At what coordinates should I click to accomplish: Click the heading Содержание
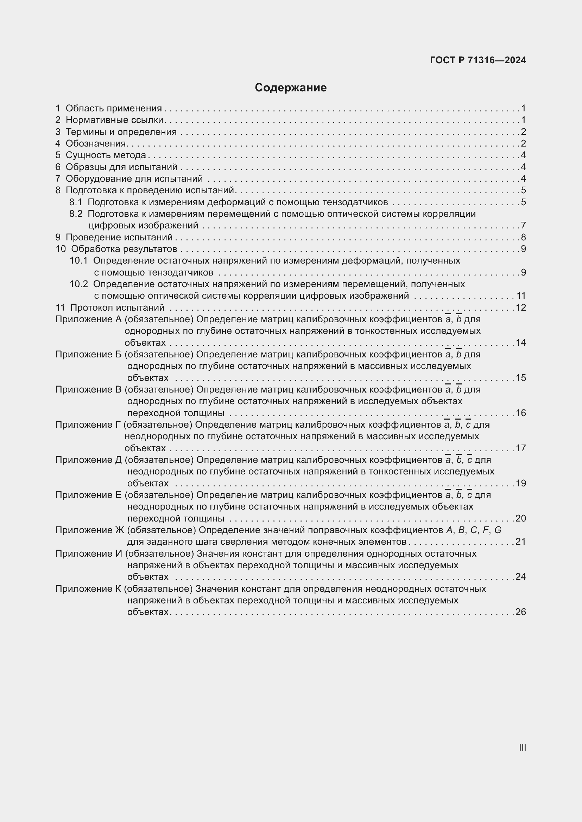point(291,88)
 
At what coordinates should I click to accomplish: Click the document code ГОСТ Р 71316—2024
point(478,60)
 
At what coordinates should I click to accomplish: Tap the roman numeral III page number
point(522,747)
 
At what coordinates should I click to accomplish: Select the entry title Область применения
point(114,108)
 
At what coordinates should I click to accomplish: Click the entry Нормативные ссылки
point(114,120)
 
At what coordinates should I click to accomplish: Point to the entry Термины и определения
point(121,132)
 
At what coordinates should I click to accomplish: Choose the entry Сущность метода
point(106,155)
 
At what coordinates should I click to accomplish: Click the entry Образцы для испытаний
point(121,167)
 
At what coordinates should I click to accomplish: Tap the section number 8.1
point(76,202)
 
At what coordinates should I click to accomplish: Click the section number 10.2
point(78,284)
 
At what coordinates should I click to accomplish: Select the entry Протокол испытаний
point(117,308)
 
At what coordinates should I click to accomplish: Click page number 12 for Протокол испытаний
point(521,308)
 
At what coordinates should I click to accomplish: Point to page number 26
point(521,612)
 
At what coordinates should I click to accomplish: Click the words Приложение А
point(89,319)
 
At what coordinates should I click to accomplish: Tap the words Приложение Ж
point(90,530)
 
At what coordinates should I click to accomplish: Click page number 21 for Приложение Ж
point(521,542)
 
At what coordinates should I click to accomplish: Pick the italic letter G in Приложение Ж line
point(498,530)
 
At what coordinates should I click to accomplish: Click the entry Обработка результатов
point(124,249)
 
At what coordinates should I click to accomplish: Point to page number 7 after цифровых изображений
point(523,226)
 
